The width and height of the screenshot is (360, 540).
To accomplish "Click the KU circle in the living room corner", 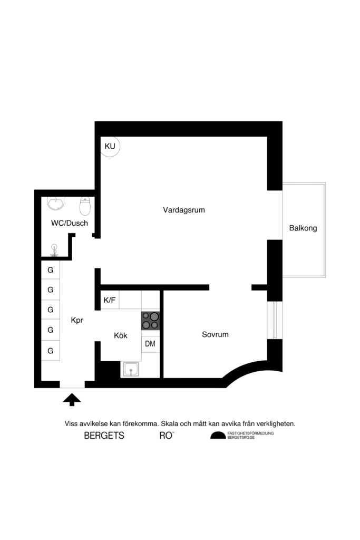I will [x=111, y=146].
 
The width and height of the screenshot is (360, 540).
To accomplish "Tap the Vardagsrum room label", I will [x=183, y=210].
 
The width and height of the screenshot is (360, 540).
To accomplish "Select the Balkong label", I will [x=303, y=228].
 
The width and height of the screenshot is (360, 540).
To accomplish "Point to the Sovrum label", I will [x=215, y=334].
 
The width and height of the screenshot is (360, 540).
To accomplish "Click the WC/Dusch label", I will [x=69, y=223].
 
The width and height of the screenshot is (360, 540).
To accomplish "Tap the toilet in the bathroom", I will [x=84, y=204].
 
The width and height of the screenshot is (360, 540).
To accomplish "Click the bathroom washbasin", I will [x=55, y=202].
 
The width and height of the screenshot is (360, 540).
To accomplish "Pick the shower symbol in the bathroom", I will [x=54, y=249].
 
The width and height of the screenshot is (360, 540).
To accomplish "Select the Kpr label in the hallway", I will [x=77, y=320].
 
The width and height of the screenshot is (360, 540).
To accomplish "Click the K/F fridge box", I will [x=110, y=300].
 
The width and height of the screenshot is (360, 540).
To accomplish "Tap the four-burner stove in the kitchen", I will [x=150, y=321].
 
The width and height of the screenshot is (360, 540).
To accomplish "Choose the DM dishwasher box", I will [x=150, y=344].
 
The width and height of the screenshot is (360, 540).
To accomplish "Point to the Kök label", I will [x=121, y=335].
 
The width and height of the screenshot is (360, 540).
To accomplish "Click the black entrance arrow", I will [x=72, y=400].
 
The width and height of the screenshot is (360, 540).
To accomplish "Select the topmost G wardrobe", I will [x=51, y=270].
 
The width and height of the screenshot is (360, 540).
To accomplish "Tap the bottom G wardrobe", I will [x=51, y=350].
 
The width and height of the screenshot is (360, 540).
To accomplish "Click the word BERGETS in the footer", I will [x=104, y=436].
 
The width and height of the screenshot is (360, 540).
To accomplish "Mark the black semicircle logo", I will [x=217, y=436].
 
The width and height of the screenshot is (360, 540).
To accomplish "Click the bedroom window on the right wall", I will [x=275, y=321].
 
